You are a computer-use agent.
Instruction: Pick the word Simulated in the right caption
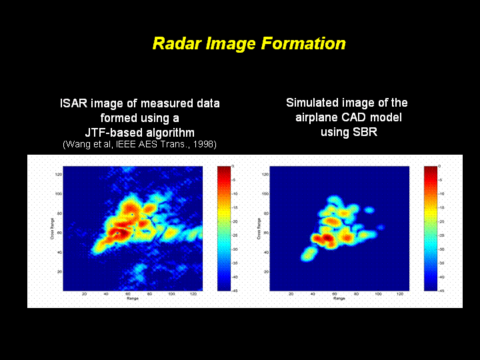click(313, 103)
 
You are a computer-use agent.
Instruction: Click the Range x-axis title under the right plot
click(339, 299)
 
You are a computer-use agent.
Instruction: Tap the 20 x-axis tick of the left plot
click(85, 294)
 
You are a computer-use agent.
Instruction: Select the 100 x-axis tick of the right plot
click(379, 294)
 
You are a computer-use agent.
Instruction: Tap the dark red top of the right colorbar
click(431, 169)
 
